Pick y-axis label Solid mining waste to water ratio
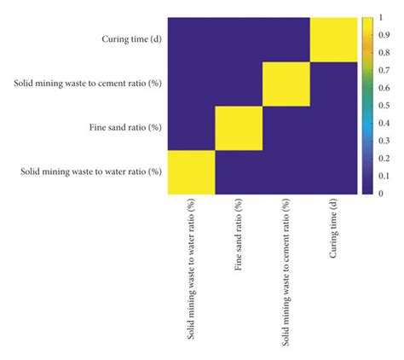point(90,172)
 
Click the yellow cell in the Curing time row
point(334,39)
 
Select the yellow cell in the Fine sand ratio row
point(239,128)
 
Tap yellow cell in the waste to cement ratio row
point(286,84)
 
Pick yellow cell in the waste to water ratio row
point(190,172)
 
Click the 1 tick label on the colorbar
point(380,18)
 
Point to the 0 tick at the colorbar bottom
point(380,194)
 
